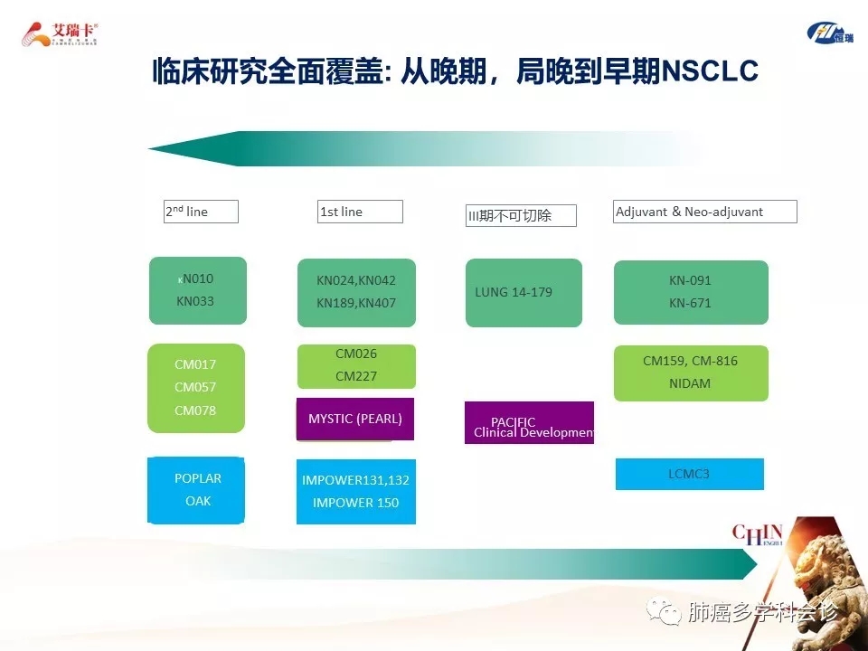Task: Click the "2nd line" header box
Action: pos(201,212)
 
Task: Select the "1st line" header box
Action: pos(360,212)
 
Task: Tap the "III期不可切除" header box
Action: pos(521,215)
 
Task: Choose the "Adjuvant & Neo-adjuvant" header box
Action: pos(705,212)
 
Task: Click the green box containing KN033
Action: pos(197,290)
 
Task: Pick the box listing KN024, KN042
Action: pos(356,292)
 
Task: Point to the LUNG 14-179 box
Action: pos(524,292)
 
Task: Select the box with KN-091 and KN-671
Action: pos(691,292)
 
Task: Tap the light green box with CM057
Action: pos(196,388)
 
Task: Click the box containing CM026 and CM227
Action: pos(356,365)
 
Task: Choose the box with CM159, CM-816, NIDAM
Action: pos(691,373)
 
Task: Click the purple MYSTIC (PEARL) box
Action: pos(355,419)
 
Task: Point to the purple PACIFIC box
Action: pos(529,423)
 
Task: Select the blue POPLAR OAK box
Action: pos(196,490)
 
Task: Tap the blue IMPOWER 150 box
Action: pos(356,492)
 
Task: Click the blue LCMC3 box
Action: pos(690,474)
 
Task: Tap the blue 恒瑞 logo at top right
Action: pos(829,33)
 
